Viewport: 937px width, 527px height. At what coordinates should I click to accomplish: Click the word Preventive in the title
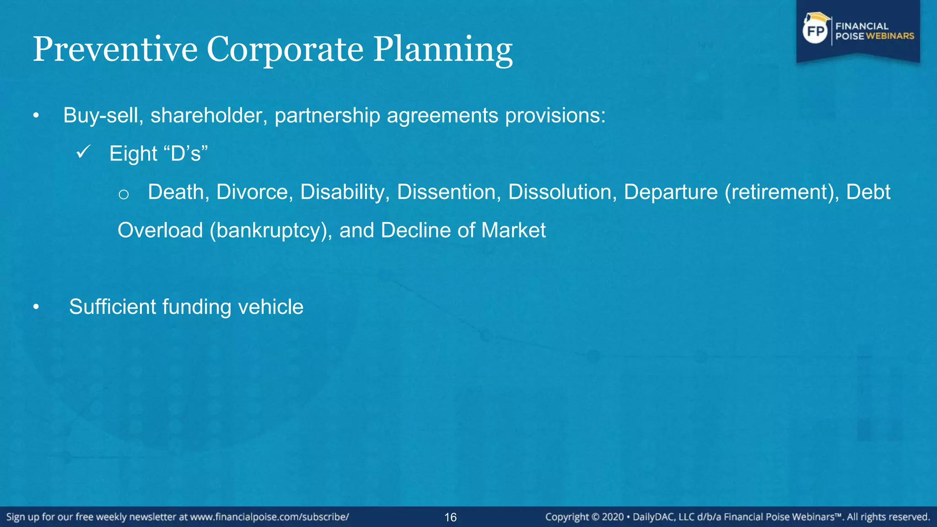tap(115, 49)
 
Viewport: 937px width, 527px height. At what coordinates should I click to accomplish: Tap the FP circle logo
tap(816, 31)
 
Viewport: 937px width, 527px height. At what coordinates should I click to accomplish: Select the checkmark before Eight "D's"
tap(83, 152)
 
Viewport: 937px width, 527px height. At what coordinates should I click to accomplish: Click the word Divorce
tap(254, 192)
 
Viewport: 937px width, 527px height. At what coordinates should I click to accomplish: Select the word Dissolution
tap(562, 192)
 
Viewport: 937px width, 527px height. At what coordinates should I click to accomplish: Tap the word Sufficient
tap(112, 307)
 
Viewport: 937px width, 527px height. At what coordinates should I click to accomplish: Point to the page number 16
tap(451, 517)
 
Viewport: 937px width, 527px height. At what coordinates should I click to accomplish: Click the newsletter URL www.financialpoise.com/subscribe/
tap(269, 517)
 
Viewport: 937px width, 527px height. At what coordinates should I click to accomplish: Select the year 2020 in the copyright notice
tap(613, 517)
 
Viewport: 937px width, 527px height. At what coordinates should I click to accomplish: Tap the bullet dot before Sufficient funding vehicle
tap(36, 308)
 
